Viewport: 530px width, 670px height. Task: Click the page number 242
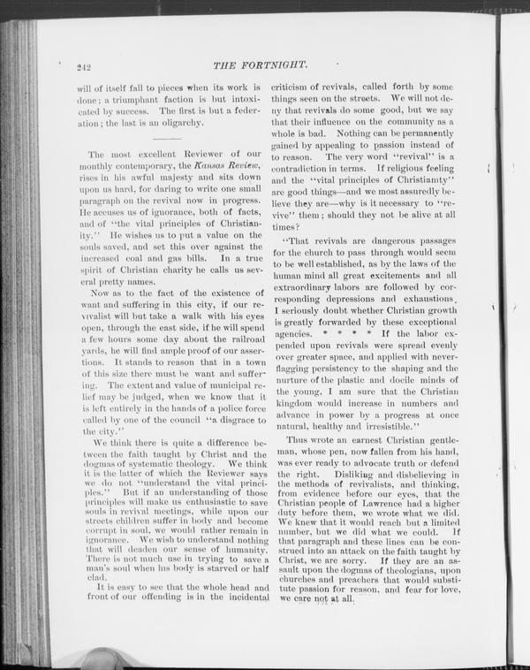click(85, 66)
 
